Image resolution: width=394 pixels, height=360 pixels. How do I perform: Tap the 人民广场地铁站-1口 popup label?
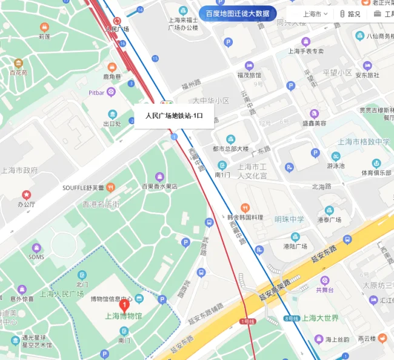(x=173, y=116)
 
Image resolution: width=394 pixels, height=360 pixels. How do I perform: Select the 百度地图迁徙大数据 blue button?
(x=238, y=13)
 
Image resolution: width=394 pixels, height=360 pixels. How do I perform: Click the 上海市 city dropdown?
(x=315, y=13)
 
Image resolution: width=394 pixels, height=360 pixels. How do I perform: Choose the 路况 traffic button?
(x=350, y=14)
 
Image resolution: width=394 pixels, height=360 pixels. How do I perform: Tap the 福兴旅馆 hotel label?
(x=249, y=75)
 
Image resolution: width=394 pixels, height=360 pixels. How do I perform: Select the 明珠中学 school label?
(x=289, y=219)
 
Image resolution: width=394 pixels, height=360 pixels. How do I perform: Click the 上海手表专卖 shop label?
(x=306, y=51)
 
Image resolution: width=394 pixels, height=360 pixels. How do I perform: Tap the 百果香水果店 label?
(x=159, y=187)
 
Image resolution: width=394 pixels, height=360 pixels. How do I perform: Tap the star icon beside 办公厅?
(x=26, y=195)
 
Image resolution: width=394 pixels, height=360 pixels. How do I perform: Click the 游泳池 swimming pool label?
(x=336, y=165)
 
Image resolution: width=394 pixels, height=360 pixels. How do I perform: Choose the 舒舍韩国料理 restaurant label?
(x=245, y=217)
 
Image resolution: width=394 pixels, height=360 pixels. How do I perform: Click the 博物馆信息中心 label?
(x=112, y=299)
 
